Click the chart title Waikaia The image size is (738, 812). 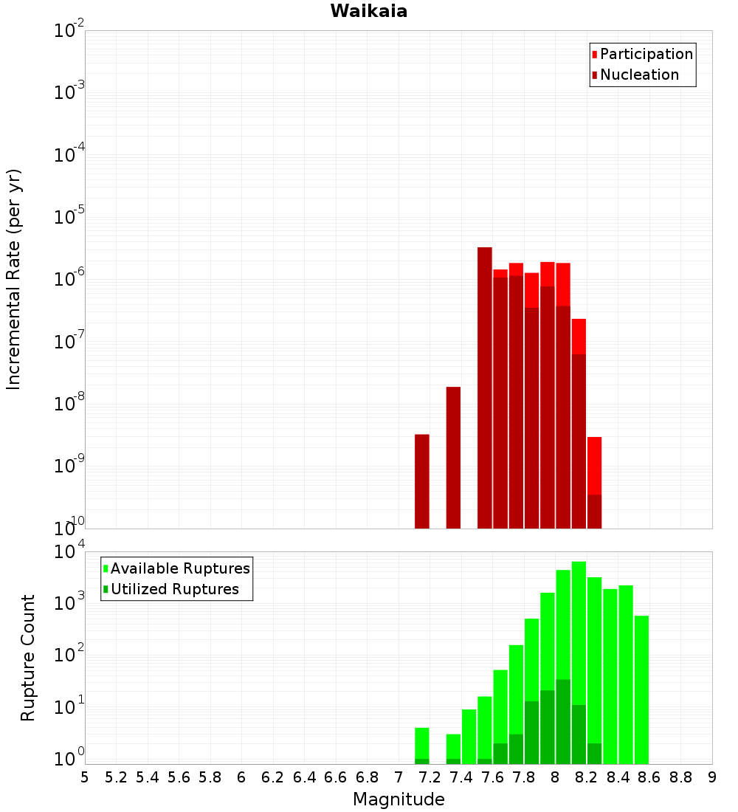click(x=368, y=11)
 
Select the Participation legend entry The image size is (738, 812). click(x=646, y=54)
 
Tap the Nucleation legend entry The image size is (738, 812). click(x=639, y=75)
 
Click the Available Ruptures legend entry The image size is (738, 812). click(x=180, y=568)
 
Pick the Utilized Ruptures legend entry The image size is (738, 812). click(x=174, y=589)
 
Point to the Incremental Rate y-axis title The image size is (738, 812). click(x=14, y=279)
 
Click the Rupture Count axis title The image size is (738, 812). click(x=28, y=657)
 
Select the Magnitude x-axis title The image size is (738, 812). click(x=399, y=799)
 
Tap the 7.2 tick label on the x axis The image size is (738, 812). click(x=430, y=777)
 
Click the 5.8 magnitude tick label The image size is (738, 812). click(x=210, y=777)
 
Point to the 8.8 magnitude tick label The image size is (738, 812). click(x=680, y=777)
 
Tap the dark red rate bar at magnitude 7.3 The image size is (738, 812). click(x=453, y=458)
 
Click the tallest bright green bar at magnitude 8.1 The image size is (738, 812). click(x=579, y=627)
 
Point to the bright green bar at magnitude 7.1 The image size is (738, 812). click(x=422, y=742)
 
